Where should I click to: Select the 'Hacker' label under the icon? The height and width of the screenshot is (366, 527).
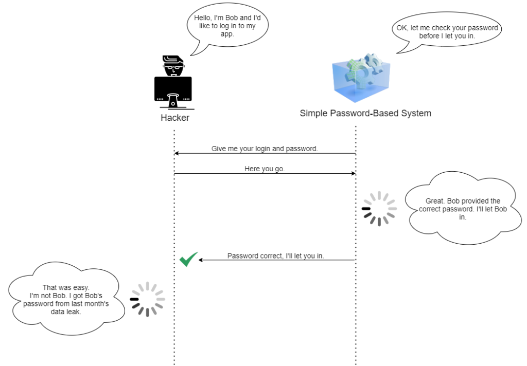point(174,118)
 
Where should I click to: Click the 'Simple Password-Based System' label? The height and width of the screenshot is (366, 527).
point(365,113)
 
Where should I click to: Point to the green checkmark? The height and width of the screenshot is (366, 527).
point(188,260)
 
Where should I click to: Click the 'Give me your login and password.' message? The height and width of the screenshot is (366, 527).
point(265,149)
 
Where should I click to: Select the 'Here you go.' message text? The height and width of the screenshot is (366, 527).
point(265,169)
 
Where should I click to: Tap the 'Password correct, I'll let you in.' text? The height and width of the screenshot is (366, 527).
point(276,255)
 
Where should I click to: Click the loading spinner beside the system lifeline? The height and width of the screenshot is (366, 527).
point(379,209)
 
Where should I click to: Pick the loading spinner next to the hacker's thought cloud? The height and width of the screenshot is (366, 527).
point(147,299)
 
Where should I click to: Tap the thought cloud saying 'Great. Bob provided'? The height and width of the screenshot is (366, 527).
point(463,209)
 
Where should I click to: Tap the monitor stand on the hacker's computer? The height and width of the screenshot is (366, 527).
point(173,101)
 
